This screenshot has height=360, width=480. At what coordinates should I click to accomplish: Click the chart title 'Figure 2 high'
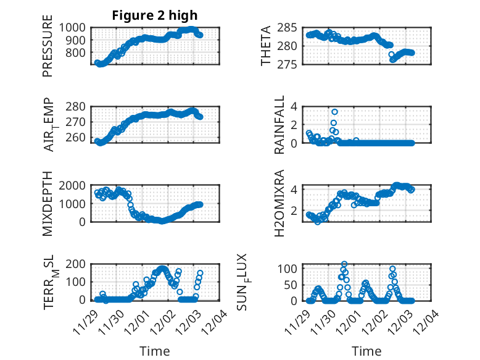click(155, 15)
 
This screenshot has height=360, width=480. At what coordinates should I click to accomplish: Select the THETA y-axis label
click(266, 46)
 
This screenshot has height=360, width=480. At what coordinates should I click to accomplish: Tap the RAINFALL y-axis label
click(280, 125)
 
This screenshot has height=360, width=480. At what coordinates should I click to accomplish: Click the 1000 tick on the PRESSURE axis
click(74, 27)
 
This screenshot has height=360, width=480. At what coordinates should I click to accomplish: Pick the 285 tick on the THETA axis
click(291, 27)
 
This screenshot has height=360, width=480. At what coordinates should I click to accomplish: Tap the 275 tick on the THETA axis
click(291, 64)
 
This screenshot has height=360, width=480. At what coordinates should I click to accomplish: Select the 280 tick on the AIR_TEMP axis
click(78, 106)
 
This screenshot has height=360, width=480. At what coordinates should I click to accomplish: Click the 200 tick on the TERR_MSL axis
click(78, 264)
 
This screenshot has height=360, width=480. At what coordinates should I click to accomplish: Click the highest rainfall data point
click(334, 112)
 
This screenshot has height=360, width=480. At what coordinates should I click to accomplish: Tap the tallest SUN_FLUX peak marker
click(344, 264)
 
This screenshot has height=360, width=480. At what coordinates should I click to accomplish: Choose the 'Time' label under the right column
click(366, 351)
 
